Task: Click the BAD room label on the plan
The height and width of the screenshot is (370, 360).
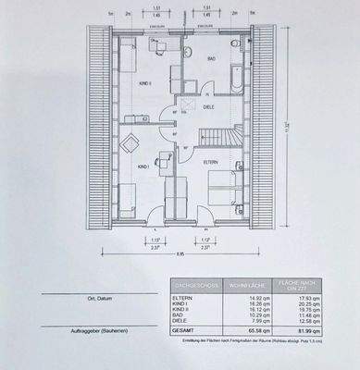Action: pyautogui.click(x=211, y=58)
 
